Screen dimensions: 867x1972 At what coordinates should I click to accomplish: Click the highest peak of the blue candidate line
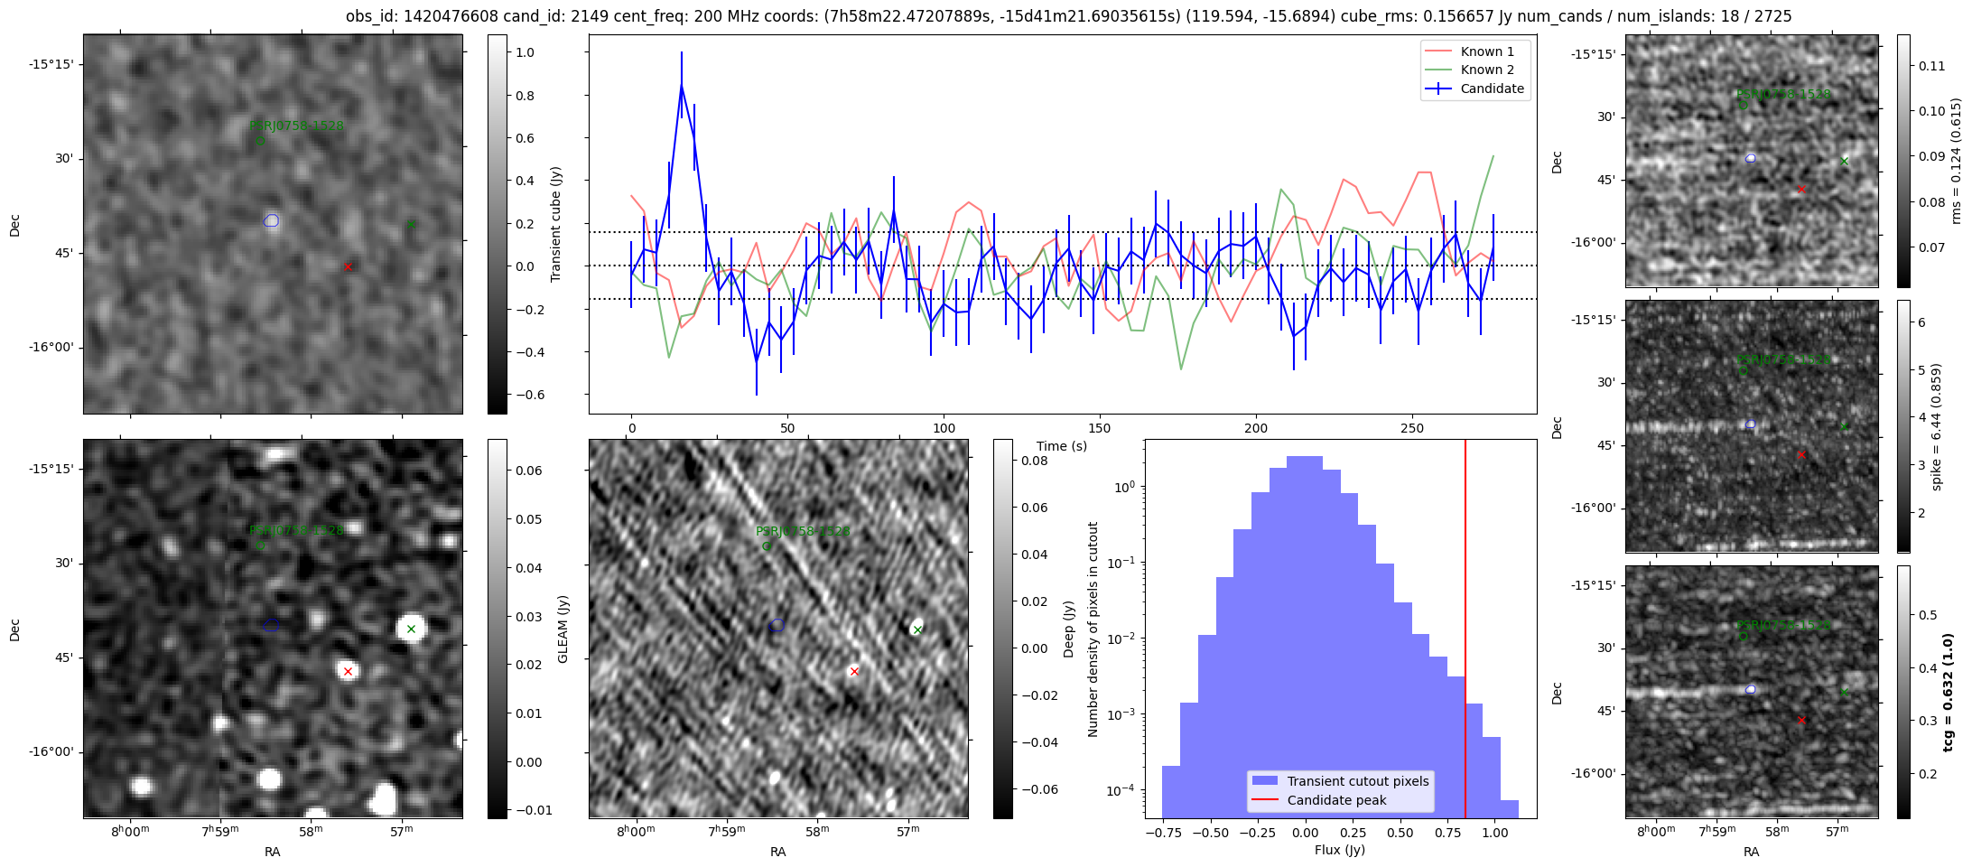click(682, 86)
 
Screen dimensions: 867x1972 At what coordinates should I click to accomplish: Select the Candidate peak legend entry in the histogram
click(1336, 800)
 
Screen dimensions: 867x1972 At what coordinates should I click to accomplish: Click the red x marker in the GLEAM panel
click(348, 671)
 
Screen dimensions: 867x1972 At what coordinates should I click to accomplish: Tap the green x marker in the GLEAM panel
click(411, 629)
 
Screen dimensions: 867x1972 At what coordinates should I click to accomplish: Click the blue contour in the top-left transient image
click(272, 220)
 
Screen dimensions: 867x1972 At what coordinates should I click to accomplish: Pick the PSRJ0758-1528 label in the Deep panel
click(803, 531)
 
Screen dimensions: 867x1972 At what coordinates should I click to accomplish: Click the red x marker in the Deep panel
click(854, 671)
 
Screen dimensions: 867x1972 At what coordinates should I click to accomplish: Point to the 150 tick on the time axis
click(1100, 428)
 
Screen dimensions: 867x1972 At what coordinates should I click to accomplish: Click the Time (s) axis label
click(1062, 446)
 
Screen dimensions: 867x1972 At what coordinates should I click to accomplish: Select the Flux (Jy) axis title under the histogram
click(1340, 850)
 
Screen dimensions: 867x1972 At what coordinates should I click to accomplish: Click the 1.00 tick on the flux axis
click(1494, 833)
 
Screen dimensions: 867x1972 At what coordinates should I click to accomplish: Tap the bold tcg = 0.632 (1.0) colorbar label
click(1949, 692)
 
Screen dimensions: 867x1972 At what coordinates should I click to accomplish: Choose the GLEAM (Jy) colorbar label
click(563, 629)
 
